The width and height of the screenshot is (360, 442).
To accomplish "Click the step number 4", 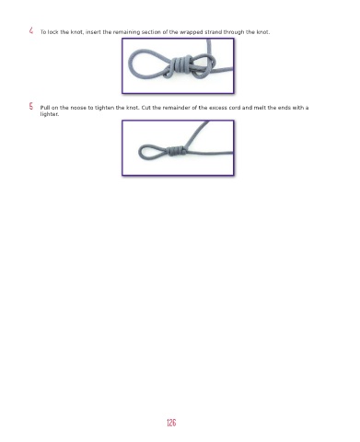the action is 31,30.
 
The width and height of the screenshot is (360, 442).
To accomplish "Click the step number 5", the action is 31,107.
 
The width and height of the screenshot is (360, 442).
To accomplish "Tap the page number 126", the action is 171,423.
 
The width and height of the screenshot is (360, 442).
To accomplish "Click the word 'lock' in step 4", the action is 52,32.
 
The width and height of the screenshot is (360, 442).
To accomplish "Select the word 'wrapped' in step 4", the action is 192,32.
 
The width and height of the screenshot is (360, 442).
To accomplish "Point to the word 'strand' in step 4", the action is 214,32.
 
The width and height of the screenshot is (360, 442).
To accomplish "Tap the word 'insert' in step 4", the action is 93,32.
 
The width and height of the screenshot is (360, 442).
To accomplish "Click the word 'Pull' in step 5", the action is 45,108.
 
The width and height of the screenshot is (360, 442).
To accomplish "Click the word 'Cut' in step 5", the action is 145,108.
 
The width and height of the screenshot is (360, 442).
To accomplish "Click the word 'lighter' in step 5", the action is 49,114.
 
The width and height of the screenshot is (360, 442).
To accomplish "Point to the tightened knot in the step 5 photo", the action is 176,151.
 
